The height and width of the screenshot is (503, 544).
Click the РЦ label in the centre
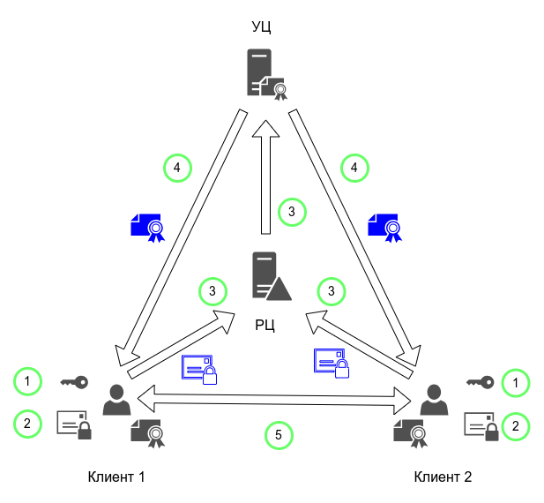265,326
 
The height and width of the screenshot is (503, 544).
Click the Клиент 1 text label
116,477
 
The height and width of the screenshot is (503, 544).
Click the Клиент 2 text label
443,477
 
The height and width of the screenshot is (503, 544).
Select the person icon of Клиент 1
116,400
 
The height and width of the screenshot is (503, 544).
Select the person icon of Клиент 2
431,400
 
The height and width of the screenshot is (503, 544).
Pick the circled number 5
279,434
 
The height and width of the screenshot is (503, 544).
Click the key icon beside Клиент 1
74,382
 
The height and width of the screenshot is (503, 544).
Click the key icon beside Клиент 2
480,382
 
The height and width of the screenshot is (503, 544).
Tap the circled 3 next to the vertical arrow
292,212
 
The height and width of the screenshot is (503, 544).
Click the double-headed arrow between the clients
273,397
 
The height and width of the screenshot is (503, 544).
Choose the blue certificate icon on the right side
384,227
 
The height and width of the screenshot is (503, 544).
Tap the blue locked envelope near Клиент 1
198,369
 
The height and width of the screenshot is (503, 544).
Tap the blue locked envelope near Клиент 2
332,363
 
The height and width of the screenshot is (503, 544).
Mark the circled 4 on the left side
177,167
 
